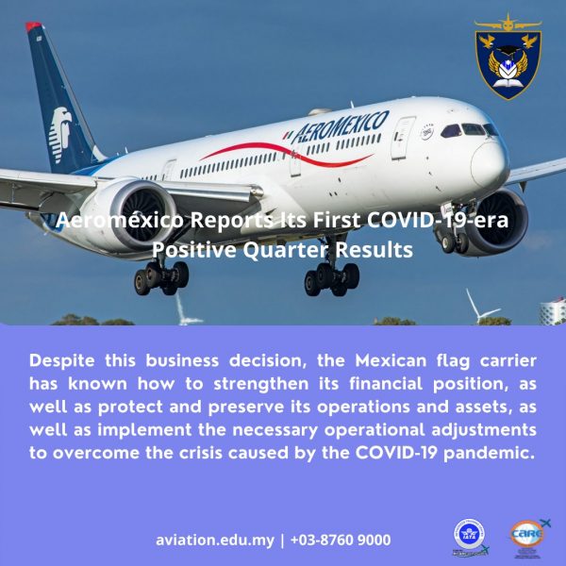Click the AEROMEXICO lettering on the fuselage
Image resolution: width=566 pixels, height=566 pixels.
(341, 127)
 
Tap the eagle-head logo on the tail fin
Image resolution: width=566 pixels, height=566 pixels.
(60, 133)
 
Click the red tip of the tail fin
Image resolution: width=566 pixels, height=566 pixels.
(34, 26)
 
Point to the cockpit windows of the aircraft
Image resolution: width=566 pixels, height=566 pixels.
(469, 129)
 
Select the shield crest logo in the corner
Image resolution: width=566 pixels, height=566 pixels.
(508, 57)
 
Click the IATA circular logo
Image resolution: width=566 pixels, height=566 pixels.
(470, 534)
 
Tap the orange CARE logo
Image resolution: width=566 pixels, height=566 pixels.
(527, 533)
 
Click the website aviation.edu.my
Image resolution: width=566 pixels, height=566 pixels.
(215, 541)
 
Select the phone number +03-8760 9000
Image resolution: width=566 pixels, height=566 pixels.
(341, 540)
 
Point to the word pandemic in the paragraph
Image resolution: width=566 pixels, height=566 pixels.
(489, 454)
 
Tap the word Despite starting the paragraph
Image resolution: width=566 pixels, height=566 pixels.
(62, 361)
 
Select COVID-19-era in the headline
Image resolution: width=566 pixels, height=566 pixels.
(438, 220)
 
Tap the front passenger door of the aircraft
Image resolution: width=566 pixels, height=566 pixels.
(402, 139)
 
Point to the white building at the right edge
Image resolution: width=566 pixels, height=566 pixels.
(553, 311)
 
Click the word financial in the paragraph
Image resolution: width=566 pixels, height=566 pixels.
(386, 384)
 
